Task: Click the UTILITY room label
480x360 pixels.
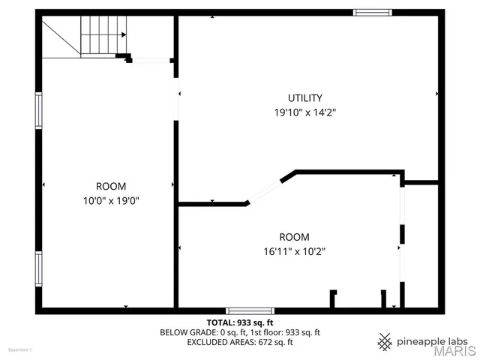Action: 305,97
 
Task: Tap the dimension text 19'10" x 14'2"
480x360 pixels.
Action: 304,112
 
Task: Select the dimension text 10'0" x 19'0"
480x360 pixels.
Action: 111,200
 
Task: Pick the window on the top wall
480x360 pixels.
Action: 373,12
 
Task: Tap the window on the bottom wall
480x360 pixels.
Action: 250,310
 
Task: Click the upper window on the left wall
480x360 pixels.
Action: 38,110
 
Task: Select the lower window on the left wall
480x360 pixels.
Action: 38,269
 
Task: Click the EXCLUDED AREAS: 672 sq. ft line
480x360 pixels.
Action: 239,342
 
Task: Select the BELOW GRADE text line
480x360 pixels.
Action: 239,331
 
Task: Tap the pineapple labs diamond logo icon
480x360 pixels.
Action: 385,341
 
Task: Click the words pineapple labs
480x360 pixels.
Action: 432,340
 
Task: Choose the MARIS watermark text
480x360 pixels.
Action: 450,350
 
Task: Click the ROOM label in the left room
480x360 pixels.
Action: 111,186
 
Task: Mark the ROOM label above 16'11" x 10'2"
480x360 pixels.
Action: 294,236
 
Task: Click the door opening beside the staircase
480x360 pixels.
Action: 151,61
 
